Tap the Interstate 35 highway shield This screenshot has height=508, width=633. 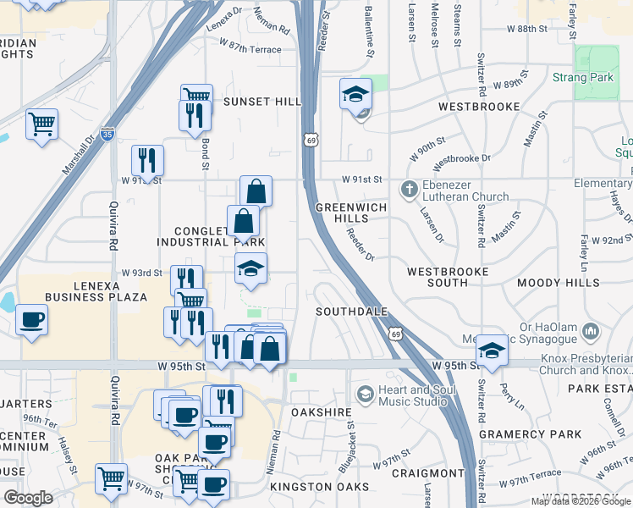(107, 134)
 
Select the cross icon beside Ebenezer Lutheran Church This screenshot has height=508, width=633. (410, 189)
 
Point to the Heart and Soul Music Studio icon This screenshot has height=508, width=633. (365, 394)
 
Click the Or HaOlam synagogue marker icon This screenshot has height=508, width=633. (591, 328)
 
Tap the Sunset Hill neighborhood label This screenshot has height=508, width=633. (261, 102)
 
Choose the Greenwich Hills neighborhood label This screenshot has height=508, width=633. (350, 213)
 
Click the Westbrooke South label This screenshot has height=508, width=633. (448, 278)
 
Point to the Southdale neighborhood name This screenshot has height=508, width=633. (351, 312)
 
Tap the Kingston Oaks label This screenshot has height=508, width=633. (320, 487)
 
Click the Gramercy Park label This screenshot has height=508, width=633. (530, 434)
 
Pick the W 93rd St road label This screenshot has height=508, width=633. (141, 273)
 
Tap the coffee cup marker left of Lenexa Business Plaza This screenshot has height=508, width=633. (32, 321)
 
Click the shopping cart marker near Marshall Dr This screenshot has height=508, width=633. (41, 125)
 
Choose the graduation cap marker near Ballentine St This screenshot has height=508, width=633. (356, 94)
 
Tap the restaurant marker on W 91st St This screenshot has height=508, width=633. (148, 159)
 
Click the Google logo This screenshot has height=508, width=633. (30, 498)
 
